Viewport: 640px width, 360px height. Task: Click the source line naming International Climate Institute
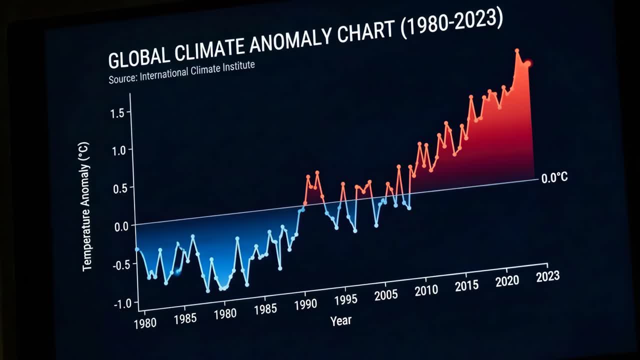[181, 72]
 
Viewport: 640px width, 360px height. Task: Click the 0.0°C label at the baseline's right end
[554, 178]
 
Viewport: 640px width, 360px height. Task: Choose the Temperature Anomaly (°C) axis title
[86, 206]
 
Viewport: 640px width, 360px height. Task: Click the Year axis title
[340, 320]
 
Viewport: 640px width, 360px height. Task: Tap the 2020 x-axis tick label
[507, 281]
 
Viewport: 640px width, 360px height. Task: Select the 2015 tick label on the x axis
[466, 285]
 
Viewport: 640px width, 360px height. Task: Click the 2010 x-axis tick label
[426, 290]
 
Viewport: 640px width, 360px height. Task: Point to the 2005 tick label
[385, 294]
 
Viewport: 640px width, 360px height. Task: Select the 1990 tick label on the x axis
[305, 304]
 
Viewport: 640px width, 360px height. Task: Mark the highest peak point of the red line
[517, 50]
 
